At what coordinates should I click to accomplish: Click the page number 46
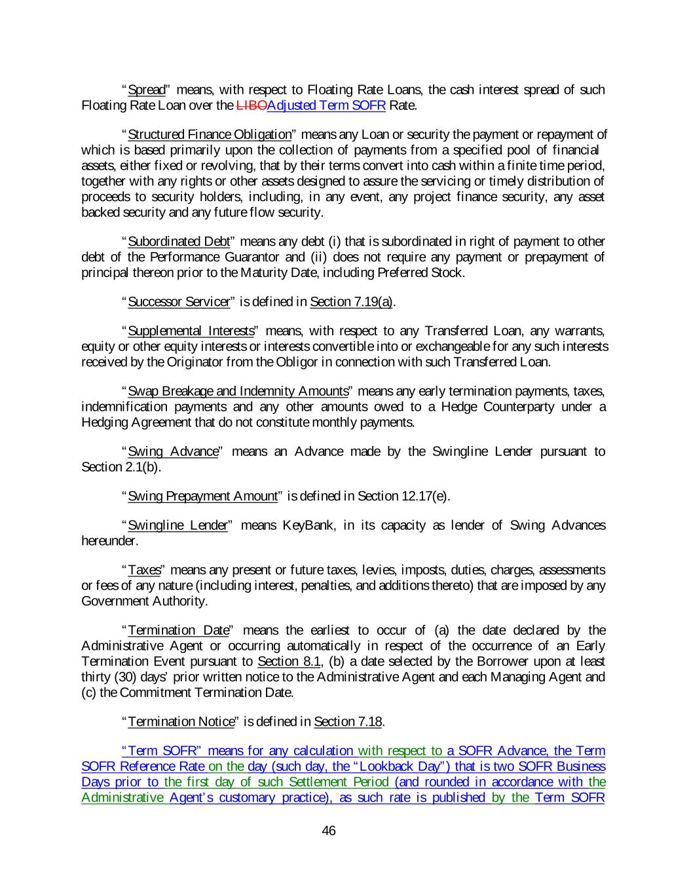pos(329,831)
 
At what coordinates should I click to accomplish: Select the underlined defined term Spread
pos(146,90)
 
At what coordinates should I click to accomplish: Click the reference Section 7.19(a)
pos(351,302)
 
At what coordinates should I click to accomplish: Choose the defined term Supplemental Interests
pos(191,331)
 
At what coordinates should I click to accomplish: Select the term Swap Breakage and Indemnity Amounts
pos(238,392)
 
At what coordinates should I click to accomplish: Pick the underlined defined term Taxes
pos(144,570)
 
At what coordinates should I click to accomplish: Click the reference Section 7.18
pos(348,722)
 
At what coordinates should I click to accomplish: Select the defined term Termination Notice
pos(181,722)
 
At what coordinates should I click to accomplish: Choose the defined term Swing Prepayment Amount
pos(202,496)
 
